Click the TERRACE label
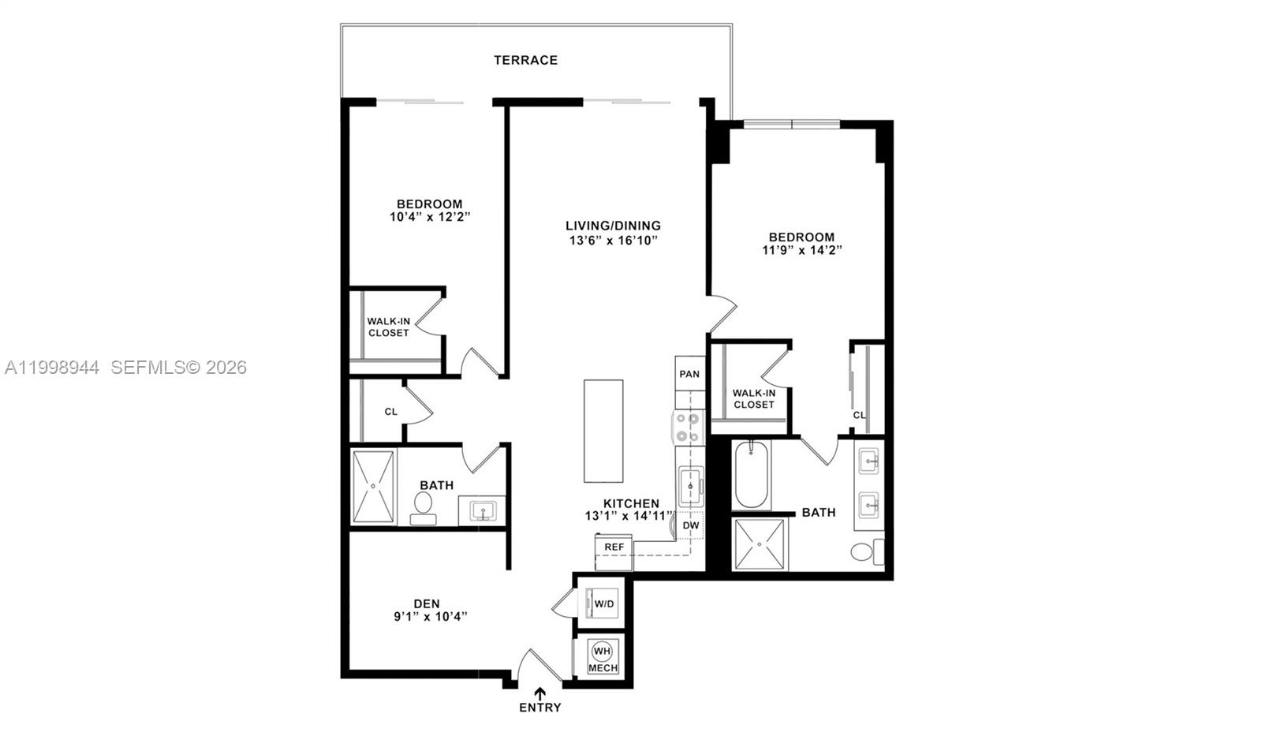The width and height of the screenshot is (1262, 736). pyautogui.click(x=525, y=60)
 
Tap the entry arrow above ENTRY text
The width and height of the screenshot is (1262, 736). pyautogui.click(x=540, y=693)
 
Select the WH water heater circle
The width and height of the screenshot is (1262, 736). pyautogui.click(x=602, y=652)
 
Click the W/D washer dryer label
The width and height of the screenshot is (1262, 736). pyautogui.click(x=604, y=604)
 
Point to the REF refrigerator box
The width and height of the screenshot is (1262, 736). pyautogui.click(x=614, y=547)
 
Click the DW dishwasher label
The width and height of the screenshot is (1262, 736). pyautogui.click(x=690, y=525)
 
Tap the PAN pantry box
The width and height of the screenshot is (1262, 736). pyautogui.click(x=689, y=374)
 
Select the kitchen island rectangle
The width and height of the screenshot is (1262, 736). pyautogui.click(x=603, y=431)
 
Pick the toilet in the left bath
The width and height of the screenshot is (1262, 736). pyautogui.click(x=424, y=506)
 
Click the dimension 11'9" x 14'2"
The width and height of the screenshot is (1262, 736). pyautogui.click(x=802, y=251)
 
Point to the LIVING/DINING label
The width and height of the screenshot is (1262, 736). pyautogui.click(x=613, y=226)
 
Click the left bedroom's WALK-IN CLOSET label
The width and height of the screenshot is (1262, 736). pyautogui.click(x=388, y=327)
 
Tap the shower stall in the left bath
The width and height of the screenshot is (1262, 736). pyautogui.click(x=374, y=487)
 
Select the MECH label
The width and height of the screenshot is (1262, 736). pyautogui.click(x=603, y=668)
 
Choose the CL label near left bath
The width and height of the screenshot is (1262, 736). pyautogui.click(x=391, y=412)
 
